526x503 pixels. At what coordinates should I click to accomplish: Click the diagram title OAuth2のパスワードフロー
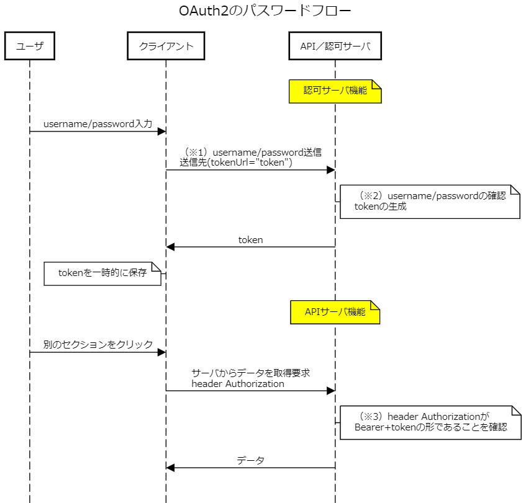264,11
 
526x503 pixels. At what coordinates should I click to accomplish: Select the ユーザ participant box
29,47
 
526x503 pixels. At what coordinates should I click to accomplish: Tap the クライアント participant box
166,47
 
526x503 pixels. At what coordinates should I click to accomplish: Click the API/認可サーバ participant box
335,47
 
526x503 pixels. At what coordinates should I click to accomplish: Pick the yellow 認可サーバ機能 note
335,91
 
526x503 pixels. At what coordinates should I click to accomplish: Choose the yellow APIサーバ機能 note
335,312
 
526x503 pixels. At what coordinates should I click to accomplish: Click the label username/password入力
97,124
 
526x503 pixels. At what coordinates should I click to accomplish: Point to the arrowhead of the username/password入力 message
162,131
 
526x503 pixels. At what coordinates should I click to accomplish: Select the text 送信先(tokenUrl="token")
236,162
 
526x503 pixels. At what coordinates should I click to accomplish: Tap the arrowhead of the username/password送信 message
331,170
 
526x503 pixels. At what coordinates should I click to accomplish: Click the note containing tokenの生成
429,202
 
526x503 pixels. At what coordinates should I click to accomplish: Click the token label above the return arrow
250,239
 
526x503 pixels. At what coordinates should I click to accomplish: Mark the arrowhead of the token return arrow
170,247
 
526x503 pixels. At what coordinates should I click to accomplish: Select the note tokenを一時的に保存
102,273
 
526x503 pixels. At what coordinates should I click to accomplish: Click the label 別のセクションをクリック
98,345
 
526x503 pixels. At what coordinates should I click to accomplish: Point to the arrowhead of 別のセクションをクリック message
162,352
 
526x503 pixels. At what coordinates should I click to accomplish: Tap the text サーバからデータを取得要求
250,373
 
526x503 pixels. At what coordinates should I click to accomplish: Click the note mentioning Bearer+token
430,422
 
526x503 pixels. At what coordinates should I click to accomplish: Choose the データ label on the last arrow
250,460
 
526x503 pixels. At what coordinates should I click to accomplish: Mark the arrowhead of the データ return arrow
170,468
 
